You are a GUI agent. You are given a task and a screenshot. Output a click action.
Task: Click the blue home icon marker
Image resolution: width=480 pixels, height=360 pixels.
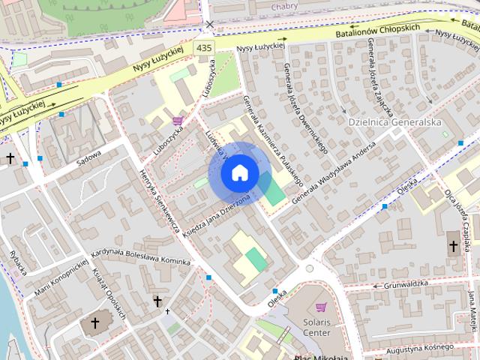click(x=239, y=173)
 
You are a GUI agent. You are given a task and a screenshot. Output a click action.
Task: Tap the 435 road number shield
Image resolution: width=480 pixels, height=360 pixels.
click(x=204, y=47)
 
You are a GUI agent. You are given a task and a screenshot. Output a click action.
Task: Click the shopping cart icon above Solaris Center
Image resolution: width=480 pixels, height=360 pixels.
click(x=322, y=307)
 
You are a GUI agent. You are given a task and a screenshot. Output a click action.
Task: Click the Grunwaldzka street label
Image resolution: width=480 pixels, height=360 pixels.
click(x=406, y=284)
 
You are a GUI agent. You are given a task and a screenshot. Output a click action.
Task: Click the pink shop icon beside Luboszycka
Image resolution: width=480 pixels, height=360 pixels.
click(x=178, y=120)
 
